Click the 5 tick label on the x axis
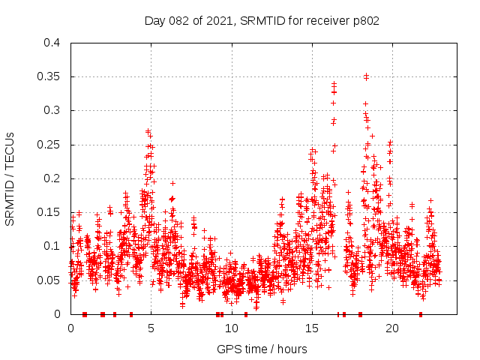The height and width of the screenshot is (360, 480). click(151, 328)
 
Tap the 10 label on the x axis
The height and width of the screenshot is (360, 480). click(231, 328)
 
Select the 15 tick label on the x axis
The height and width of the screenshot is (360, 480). click(311, 328)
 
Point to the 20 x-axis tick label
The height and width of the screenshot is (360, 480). click(391, 328)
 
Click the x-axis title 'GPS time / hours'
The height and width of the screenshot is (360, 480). click(262, 349)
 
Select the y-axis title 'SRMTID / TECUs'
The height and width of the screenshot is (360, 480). click(10, 178)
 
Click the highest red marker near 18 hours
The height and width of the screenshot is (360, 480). click(366, 76)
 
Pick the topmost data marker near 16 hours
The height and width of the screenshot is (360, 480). click(334, 84)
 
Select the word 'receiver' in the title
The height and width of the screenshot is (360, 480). click(327, 20)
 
